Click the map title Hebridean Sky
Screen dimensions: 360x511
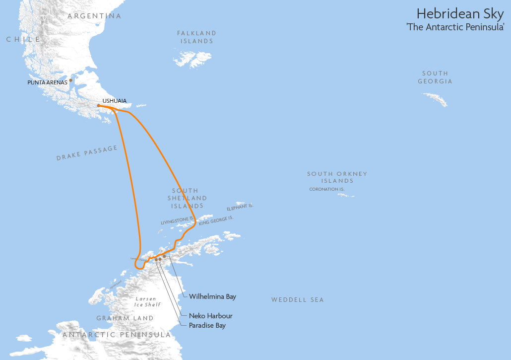pyautogui.click(x=460, y=13)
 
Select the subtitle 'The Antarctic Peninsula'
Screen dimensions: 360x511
pyautogui.click(x=455, y=27)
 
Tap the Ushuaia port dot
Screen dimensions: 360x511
pyautogui.click(x=99, y=105)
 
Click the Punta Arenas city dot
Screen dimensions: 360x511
pyautogui.click(x=70, y=80)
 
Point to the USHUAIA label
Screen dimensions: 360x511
pyautogui.click(x=114, y=101)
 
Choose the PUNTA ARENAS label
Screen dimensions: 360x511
pyautogui.click(x=47, y=82)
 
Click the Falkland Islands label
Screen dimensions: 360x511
pyautogui.click(x=197, y=37)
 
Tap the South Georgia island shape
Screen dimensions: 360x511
pyautogui.click(x=435, y=99)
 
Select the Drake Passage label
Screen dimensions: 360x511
pyautogui.click(x=87, y=153)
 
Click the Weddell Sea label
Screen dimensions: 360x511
pyautogui.click(x=297, y=300)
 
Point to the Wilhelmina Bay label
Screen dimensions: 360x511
pyautogui.click(x=212, y=296)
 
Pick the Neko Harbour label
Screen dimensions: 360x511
pyautogui.click(x=210, y=316)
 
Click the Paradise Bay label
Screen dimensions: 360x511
pyautogui.click(x=207, y=326)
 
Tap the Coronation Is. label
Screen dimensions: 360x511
pyautogui.click(x=326, y=189)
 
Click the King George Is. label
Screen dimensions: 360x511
pyautogui.click(x=216, y=221)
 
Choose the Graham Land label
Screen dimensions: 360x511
pyautogui.click(x=125, y=318)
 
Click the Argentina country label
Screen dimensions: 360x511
pyautogui.click(x=94, y=16)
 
